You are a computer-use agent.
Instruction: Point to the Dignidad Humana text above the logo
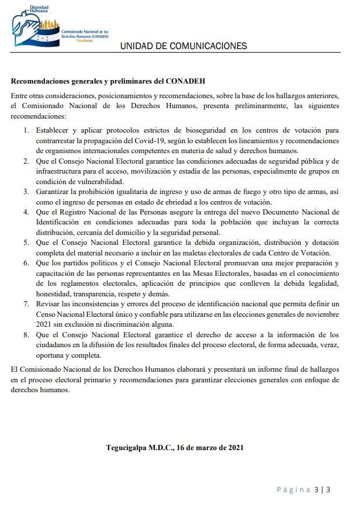(39, 9)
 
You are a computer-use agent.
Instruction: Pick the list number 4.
(26, 211)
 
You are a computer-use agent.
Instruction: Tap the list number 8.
(26, 334)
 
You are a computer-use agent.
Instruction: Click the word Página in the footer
(293, 489)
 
